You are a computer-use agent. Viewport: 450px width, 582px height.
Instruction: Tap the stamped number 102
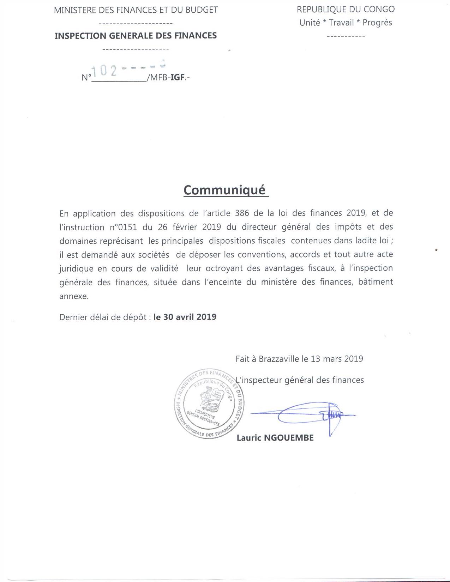click(104, 71)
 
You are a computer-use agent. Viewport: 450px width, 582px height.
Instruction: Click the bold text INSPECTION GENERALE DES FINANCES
click(136, 36)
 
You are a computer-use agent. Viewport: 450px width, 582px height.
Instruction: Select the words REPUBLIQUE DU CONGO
click(346, 10)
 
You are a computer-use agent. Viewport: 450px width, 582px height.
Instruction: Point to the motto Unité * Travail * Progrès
click(346, 23)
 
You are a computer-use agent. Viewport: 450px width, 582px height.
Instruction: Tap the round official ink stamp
click(209, 404)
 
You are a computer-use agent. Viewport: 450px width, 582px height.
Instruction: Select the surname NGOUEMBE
click(289, 438)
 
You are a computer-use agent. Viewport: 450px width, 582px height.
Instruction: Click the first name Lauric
click(249, 438)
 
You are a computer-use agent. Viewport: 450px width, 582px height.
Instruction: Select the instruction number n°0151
click(123, 227)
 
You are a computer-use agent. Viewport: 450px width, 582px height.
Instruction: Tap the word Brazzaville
click(279, 359)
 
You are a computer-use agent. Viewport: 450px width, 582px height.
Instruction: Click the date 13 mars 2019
click(337, 359)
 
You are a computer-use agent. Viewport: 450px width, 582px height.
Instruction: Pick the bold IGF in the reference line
click(178, 77)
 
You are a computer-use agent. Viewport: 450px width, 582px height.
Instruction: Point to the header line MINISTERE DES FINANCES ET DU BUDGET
click(136, 10)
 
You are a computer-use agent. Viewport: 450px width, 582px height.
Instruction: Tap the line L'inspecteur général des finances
click(300, 380)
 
